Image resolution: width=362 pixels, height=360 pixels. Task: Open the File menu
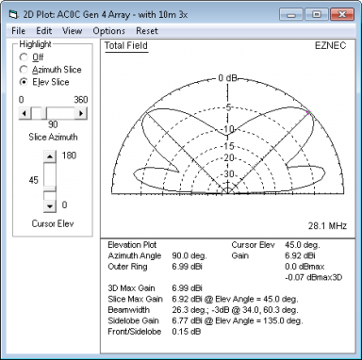pos(18,31)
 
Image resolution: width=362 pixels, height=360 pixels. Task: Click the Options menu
pos(108,31)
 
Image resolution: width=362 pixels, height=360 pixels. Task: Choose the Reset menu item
pos(147,31)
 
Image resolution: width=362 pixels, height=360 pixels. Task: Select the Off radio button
pos(24,57)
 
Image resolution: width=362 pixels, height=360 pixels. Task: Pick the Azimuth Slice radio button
pos(24,70)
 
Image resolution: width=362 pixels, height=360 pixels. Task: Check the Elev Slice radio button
pos(24,82)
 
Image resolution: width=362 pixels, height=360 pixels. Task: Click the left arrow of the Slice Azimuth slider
pos(25,113)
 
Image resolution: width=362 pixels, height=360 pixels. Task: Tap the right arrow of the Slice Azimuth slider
pos(81,113)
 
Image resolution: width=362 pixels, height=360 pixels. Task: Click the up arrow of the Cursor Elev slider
pos(50,156)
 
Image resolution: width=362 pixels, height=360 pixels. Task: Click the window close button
pos(342,14)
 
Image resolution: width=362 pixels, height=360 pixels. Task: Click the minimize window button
pos(291,14)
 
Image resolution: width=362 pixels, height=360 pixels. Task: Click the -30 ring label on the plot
pos(228,173)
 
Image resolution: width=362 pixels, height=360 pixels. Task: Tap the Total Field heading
pos(126,46)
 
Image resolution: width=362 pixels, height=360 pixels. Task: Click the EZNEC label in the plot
pos(330,45)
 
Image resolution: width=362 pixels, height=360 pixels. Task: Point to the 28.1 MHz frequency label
pos(327,226)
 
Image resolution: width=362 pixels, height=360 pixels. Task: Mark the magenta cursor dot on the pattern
pos(309,112)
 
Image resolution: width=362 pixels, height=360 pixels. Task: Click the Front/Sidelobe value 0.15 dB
pos(187,332)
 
